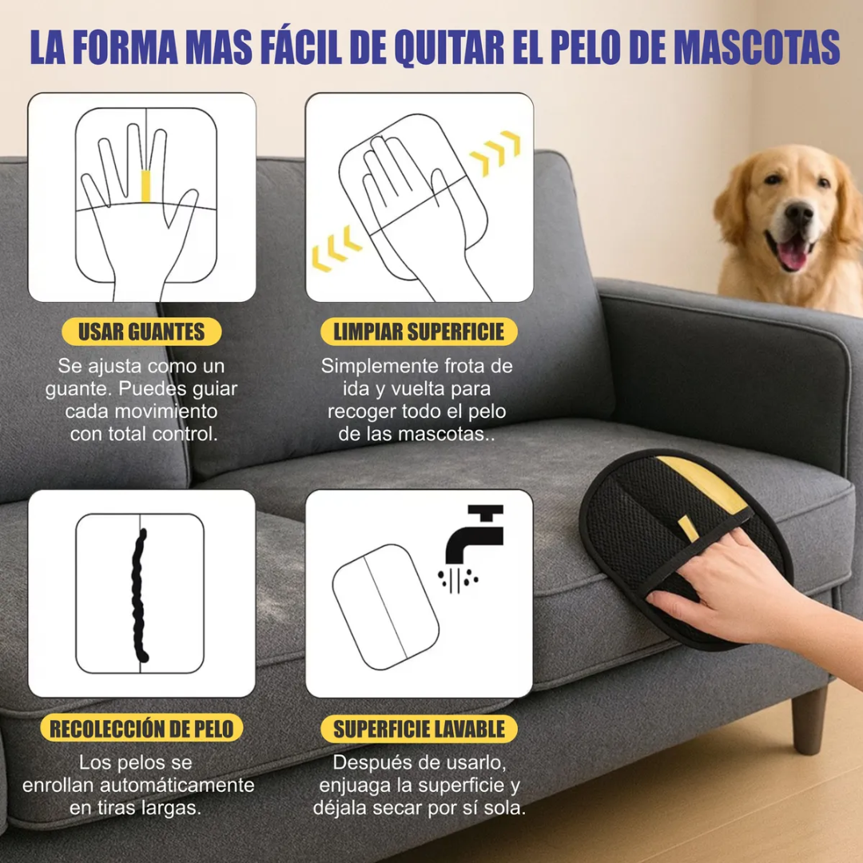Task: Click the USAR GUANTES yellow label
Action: tap(141, 332)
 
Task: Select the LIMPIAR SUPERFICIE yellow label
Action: tap(419, 332)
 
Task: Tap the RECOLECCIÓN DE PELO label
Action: tap(141, 729)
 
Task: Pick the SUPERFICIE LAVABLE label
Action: tap(419, 729)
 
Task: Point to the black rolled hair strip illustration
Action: tap(141, 595)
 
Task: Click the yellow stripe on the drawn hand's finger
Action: tap(145, 185)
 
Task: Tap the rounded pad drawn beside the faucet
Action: tap(385, 606)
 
